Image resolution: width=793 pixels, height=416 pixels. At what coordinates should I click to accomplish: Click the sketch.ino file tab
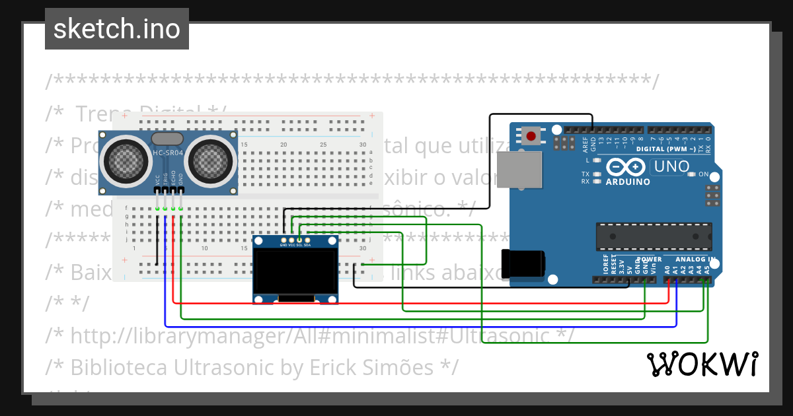click(117, 29)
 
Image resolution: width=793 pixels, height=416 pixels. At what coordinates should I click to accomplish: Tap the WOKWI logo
click(702, 364)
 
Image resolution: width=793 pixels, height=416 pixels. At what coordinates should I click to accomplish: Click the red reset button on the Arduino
click(531, 137)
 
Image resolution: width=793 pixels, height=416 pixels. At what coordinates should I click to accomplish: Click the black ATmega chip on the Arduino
click(654, 234)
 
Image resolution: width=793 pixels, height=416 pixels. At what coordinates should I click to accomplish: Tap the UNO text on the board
click(672, 167)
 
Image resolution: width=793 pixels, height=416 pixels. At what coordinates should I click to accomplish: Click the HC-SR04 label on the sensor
click(169, 154)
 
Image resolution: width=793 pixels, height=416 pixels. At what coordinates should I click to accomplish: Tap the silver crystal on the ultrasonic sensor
click(168, 139)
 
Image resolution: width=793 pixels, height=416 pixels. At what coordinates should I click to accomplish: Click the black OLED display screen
click(295, 271)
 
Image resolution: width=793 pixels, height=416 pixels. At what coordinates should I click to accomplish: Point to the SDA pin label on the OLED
click(307, 245)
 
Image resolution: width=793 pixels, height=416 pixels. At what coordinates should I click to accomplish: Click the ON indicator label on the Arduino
click(704, 175)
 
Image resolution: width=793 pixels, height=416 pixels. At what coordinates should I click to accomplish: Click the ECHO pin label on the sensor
click(173, 178)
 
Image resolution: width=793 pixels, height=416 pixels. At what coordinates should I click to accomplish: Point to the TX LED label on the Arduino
click(585, 174)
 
